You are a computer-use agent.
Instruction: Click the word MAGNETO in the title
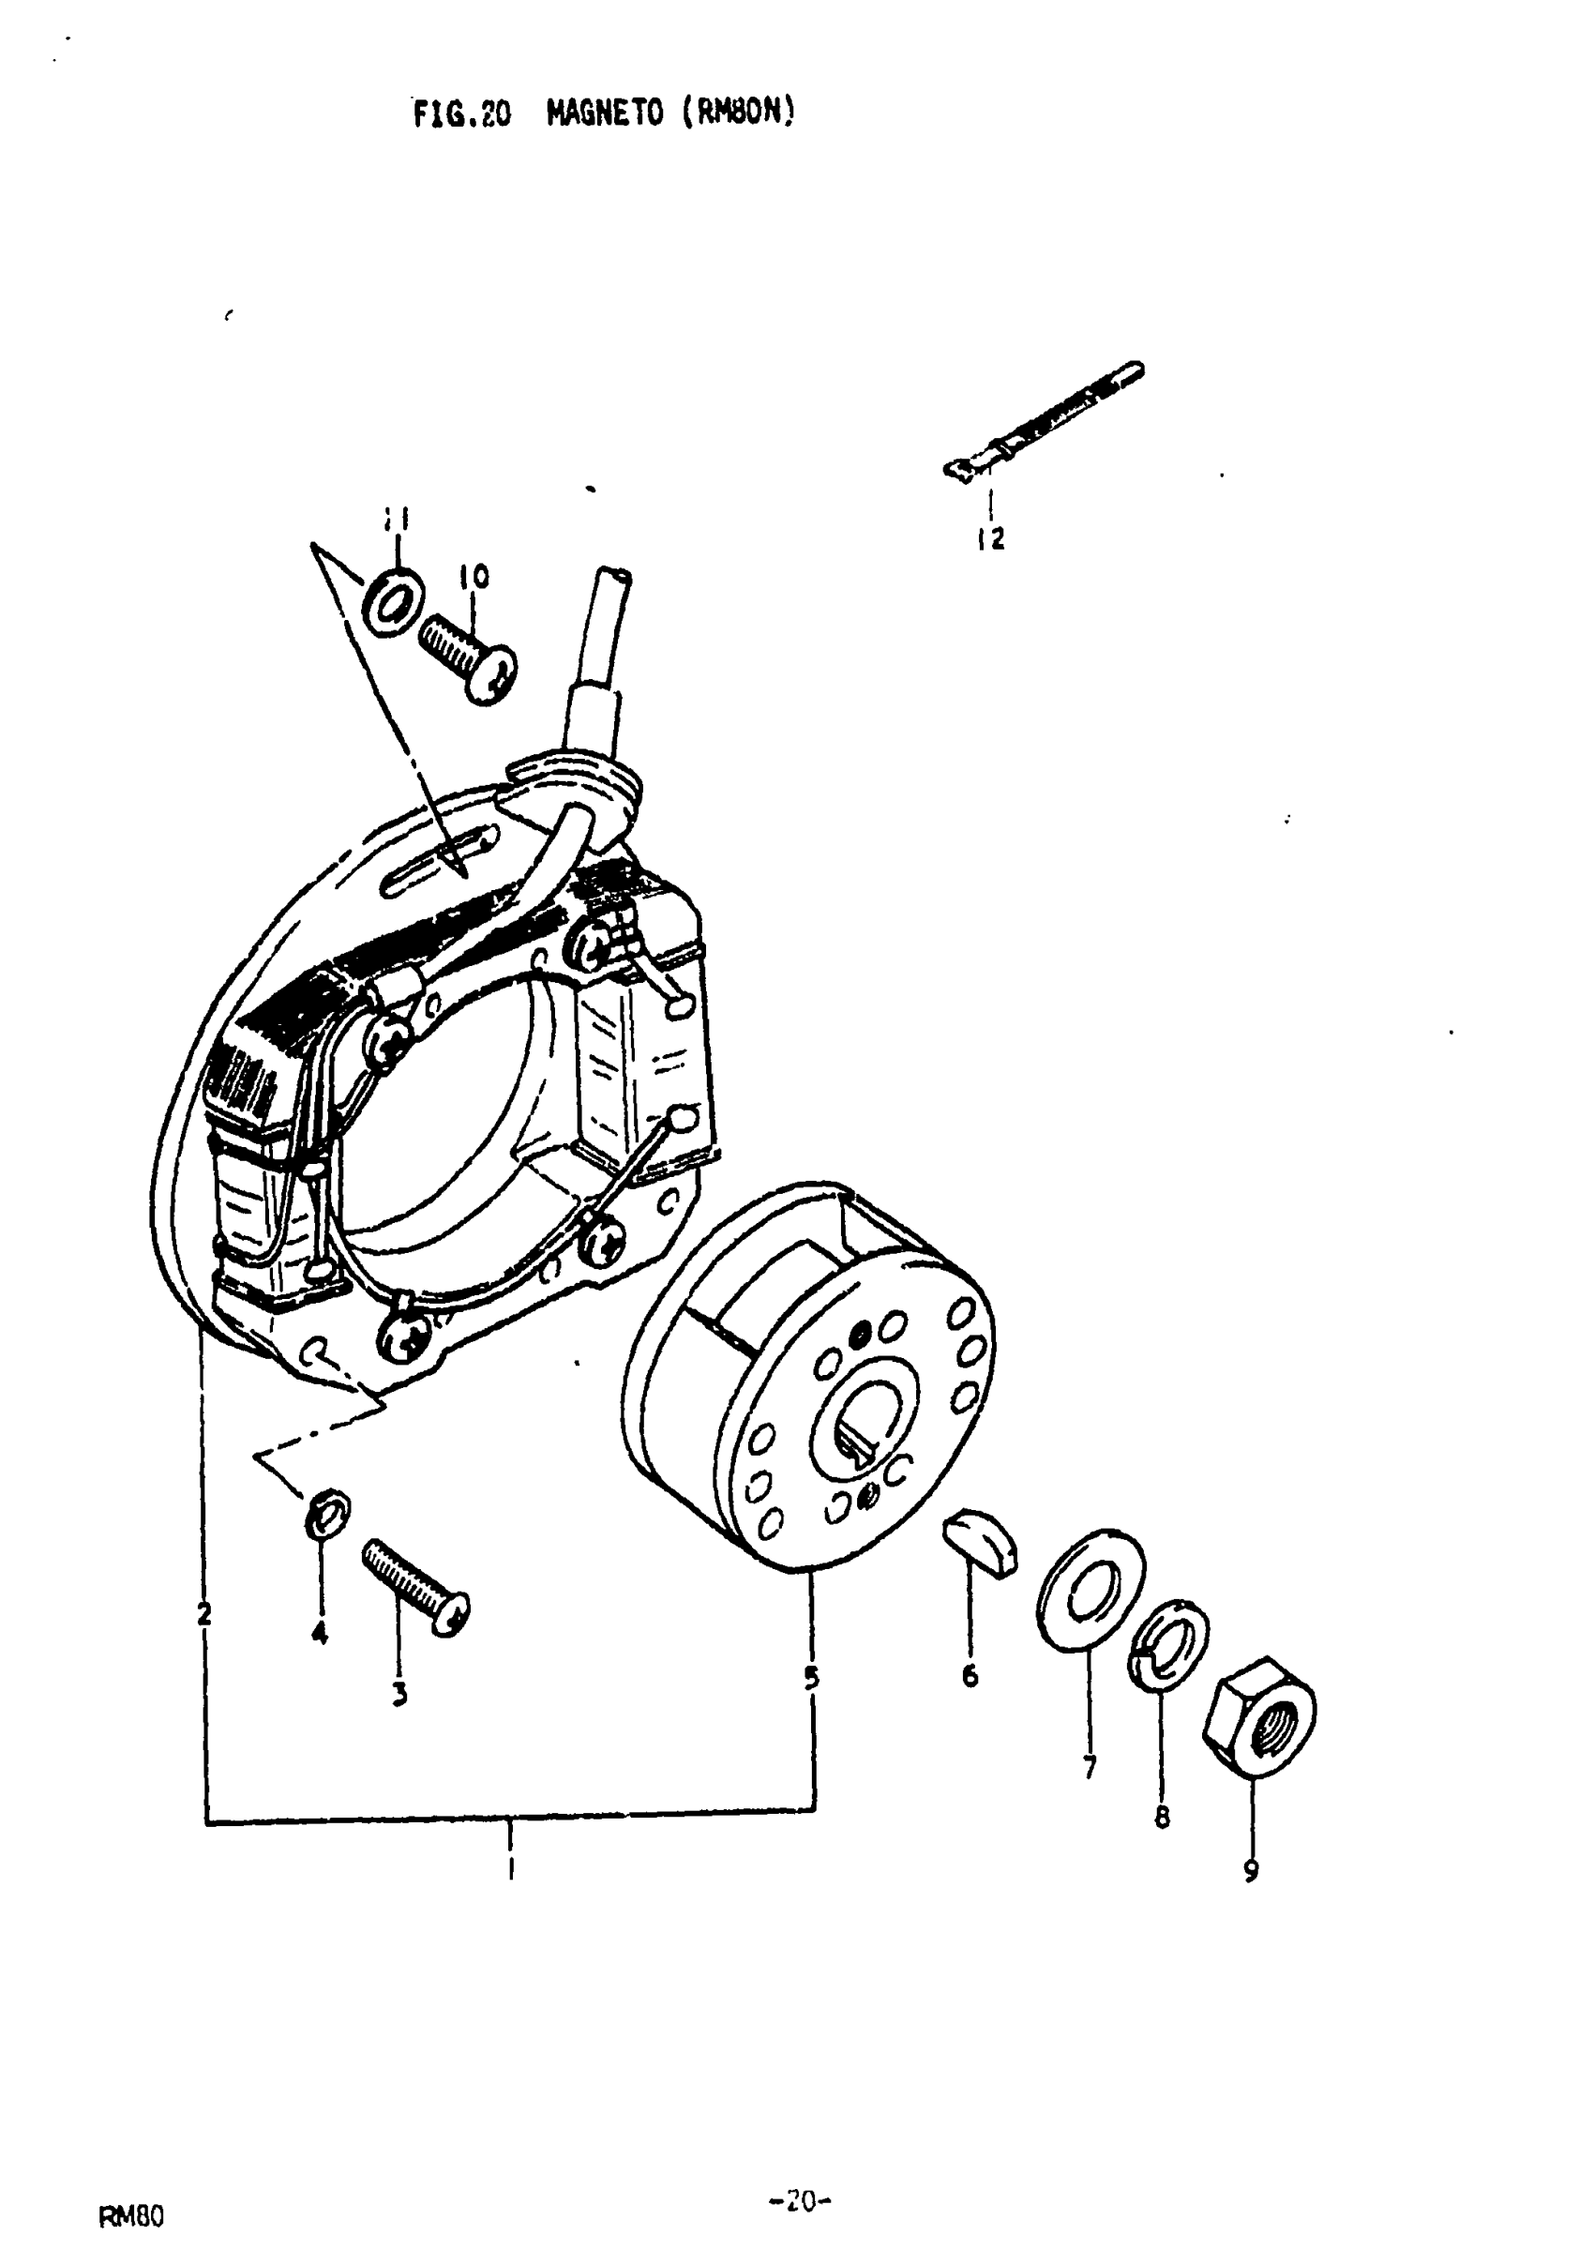605,113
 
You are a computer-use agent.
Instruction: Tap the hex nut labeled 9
1259,1721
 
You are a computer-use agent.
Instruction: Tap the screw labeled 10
469,657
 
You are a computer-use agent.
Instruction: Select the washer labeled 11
395,601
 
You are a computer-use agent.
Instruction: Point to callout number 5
811,1677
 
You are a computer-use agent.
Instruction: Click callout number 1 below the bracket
510,1867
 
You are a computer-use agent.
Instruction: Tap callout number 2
203,1615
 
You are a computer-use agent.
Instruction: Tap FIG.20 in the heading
461,115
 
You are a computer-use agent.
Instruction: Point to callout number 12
990,538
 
